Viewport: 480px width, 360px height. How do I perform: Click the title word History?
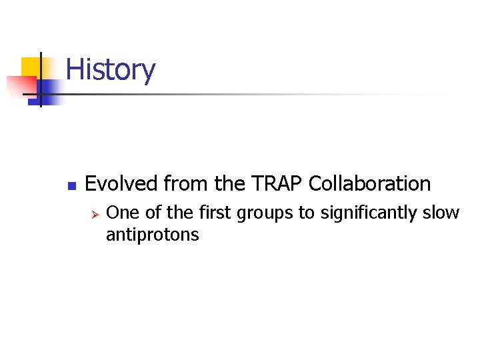111,70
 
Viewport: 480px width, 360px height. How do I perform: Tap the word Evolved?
121,183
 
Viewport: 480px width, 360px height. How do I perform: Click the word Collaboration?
370,183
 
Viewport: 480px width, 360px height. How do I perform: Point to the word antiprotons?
152,235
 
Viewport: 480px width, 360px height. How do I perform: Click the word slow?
441,213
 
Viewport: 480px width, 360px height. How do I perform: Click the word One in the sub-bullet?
121,213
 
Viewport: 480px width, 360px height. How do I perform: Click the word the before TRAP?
228,183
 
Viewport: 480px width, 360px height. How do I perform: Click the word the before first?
179,213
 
